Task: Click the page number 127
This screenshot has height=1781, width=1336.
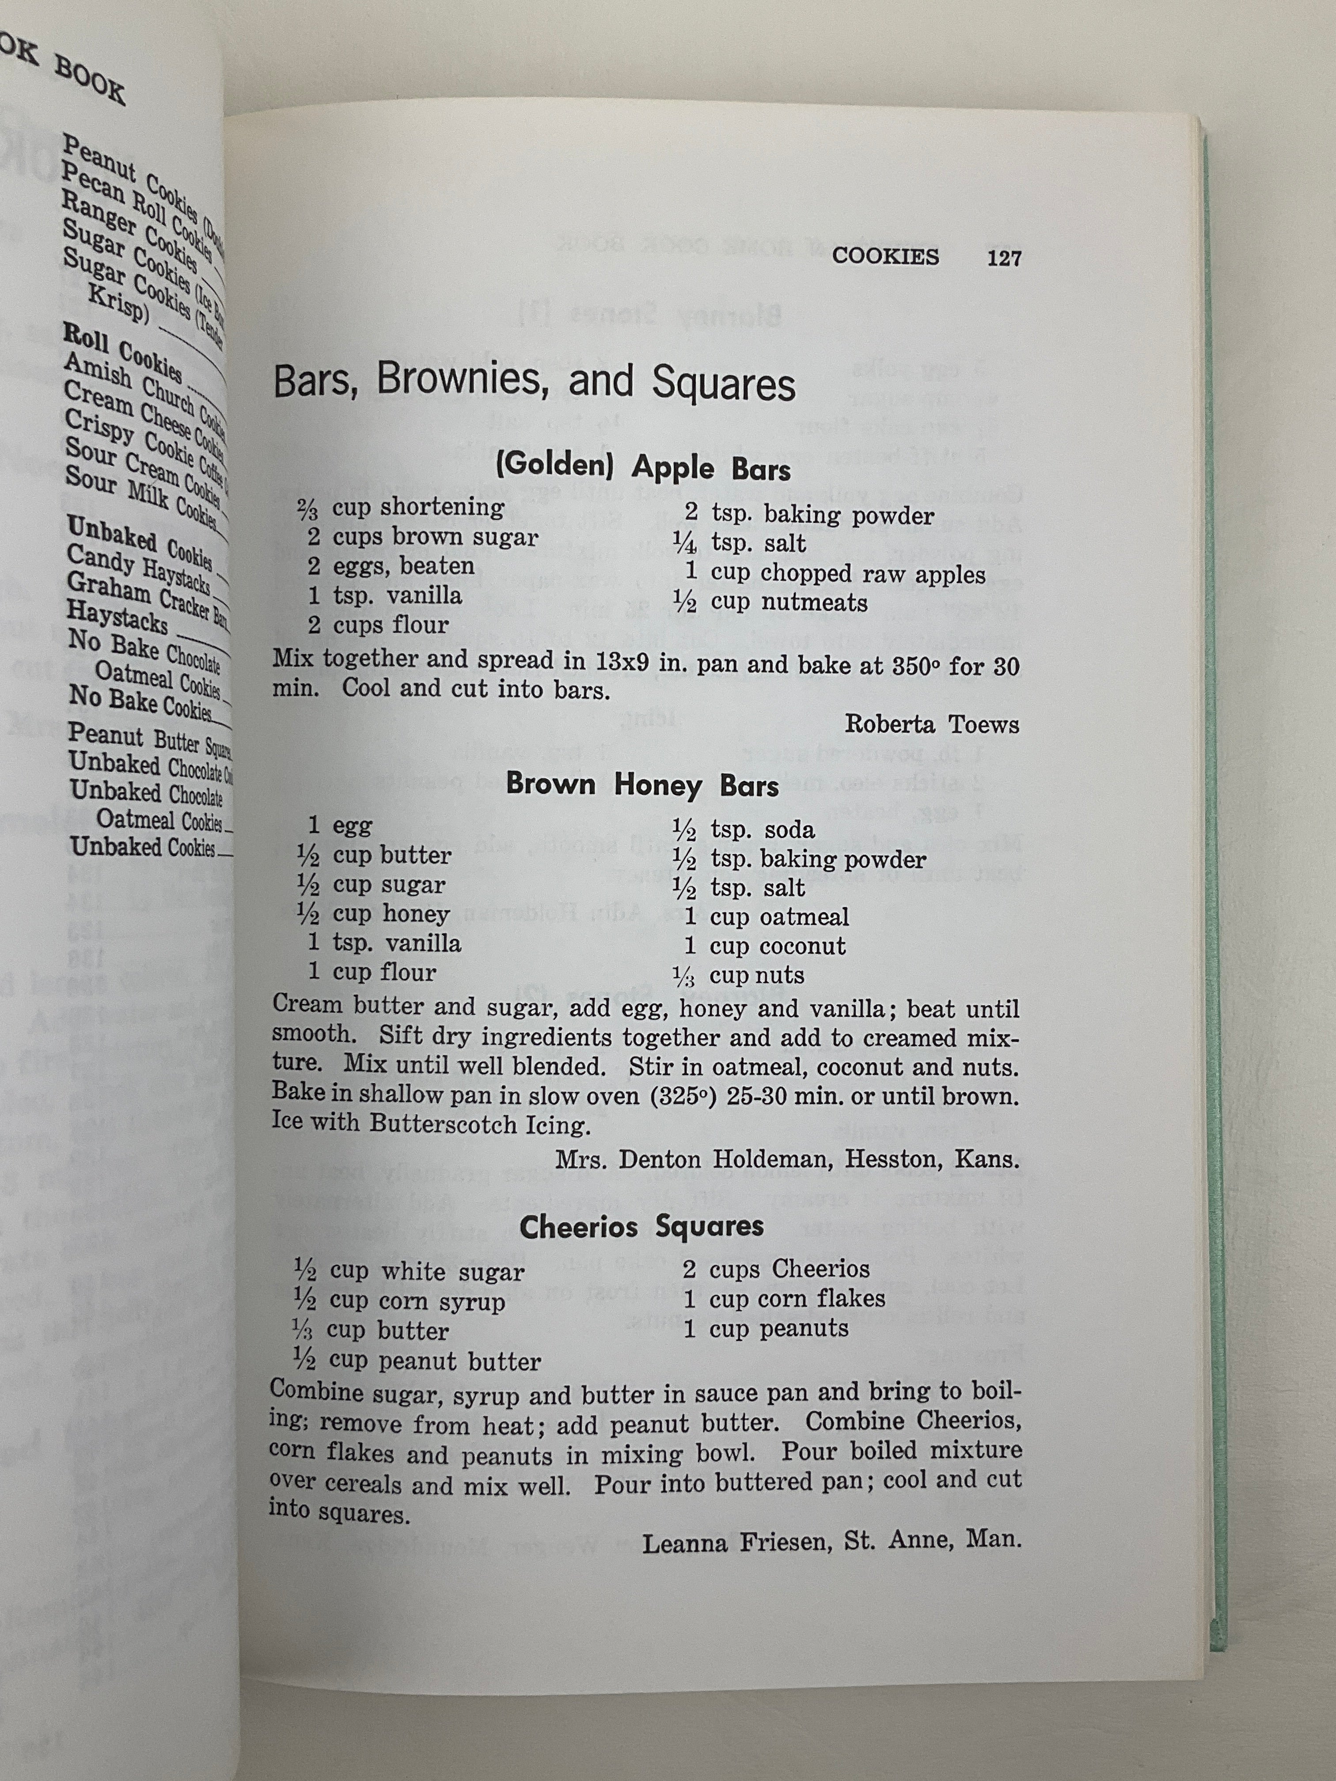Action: (x=1003, y=258)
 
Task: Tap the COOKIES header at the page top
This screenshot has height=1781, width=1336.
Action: (x=885, y=257)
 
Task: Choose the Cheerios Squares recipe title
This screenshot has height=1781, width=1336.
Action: (x=642, y=1227)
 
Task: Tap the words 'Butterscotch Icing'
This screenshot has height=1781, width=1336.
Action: (x=475, y=1124)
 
